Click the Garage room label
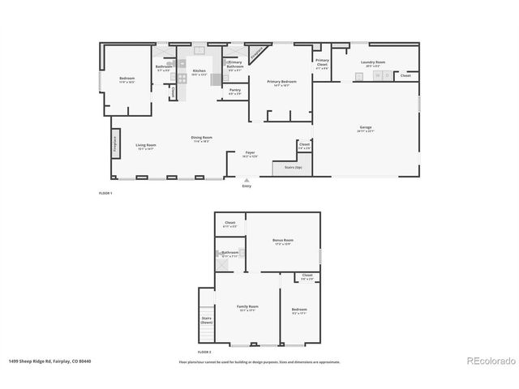pos(366,128)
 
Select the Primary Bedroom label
pos(281,82)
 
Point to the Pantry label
pos(234,91)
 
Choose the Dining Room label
pos(201,139)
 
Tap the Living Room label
pos(146,146)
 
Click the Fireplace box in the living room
pos(115,148)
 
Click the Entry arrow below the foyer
pos(247,182)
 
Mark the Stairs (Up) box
pos(293,168)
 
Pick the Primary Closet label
pos(322,63)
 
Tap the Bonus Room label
pos(283,242)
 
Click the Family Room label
pos(247,307)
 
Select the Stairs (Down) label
pos(206,320)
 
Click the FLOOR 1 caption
pos(105,193)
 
